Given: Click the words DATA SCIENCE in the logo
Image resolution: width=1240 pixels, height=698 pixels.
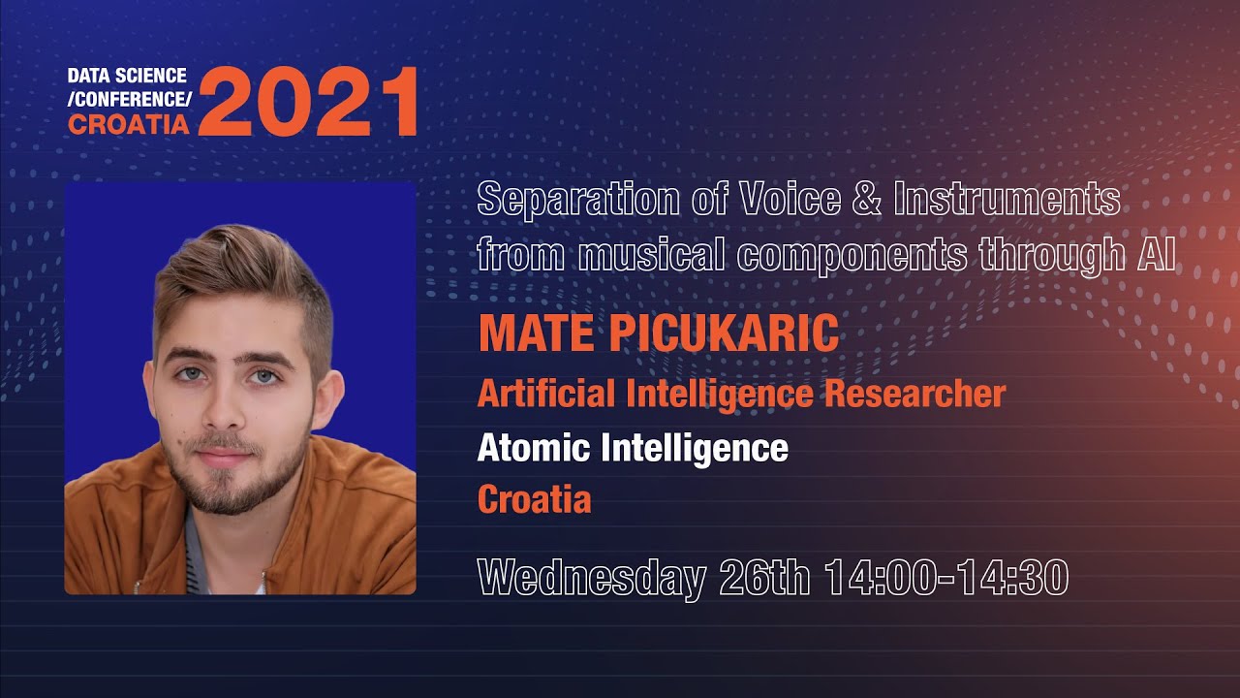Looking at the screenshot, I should click(127, 76).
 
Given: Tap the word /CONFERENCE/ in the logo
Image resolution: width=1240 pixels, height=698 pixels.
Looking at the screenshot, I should click(130, 100).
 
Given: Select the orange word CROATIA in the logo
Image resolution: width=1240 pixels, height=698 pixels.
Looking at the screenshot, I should click(128, 124).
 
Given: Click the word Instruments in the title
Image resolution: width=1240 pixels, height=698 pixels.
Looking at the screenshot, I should click(1007, 200).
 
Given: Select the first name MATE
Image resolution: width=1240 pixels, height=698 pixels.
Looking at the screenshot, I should click(537, 333).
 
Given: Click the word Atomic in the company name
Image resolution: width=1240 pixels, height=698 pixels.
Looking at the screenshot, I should click(533, 448).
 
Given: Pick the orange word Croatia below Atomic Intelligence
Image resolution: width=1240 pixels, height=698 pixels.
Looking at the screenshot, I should click(534, 500).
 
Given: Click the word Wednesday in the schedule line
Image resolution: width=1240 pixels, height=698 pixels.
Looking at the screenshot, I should click(591, 578).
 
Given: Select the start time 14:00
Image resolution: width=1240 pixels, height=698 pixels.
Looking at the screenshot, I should click(880, 578).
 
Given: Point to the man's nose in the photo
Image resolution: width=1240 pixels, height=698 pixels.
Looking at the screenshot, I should click(224, 407).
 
